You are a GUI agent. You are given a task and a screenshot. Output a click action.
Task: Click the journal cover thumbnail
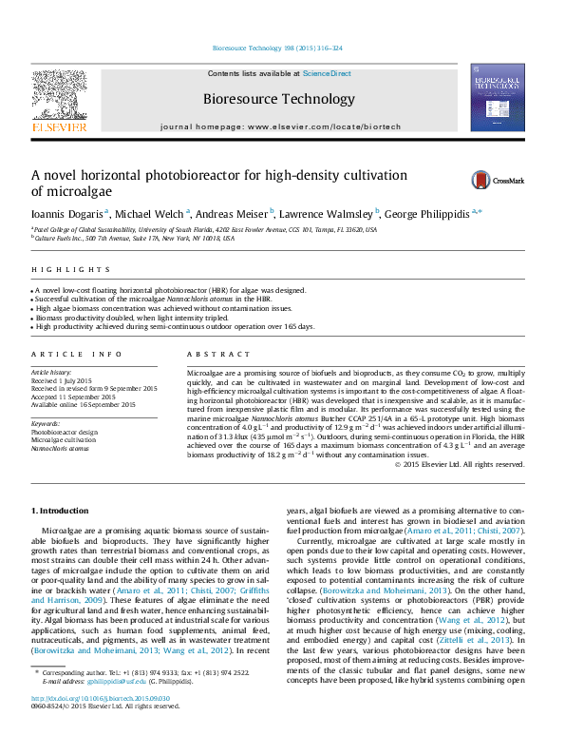(498, 97)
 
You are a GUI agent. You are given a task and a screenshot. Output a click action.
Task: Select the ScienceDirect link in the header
(328, 73)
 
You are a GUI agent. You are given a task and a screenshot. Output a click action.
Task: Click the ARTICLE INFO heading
(77, 354)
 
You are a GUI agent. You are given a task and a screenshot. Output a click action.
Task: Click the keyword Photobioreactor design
(65, 432)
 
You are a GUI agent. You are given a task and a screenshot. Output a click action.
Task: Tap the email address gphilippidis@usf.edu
(113, 708)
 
